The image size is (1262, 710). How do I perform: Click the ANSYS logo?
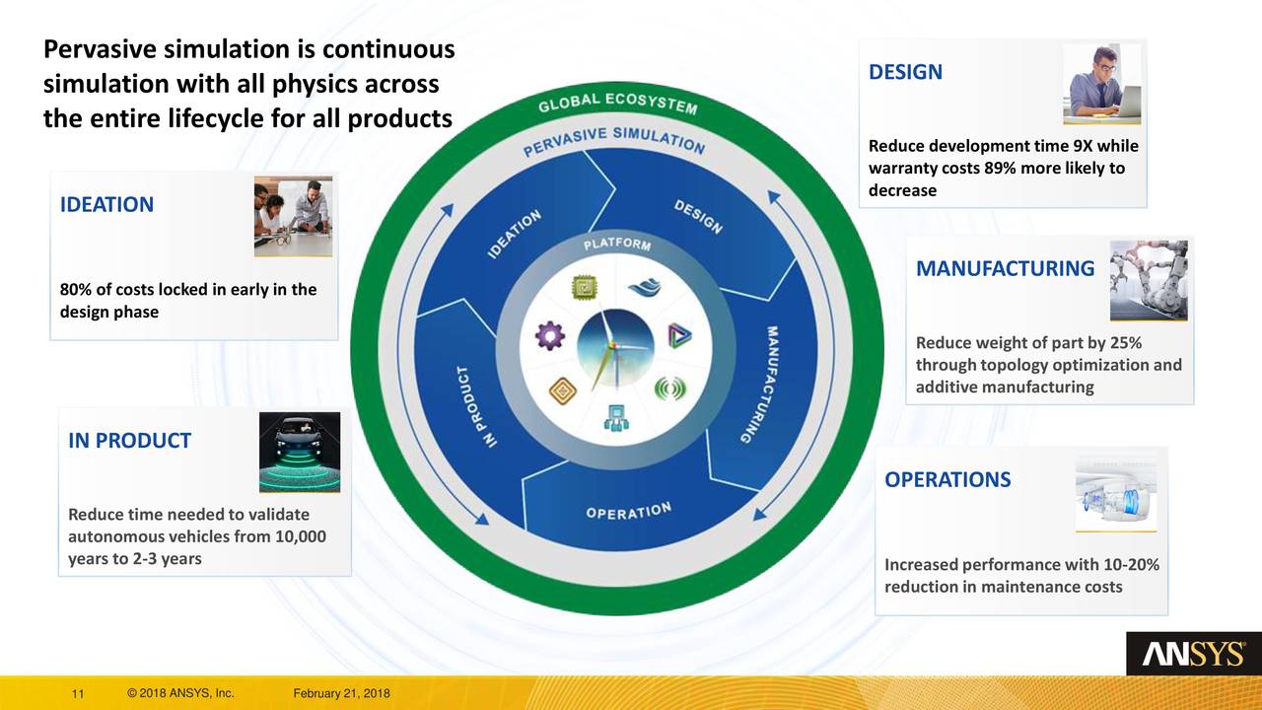pos(1193,654)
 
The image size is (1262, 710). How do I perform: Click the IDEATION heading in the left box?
pos(106,205)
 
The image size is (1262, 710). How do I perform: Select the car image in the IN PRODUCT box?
pos(299,453)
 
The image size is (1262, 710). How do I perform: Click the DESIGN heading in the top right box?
pos(905,72)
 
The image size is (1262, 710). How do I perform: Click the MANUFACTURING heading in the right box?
pos(1005,268)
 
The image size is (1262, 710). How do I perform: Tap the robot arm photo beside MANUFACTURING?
pos(1149,280)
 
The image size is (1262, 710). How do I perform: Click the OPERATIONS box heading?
pos(946,480)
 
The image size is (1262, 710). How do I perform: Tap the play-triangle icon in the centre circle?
pos(679,335)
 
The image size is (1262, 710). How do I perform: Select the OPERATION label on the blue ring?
pos(628,511)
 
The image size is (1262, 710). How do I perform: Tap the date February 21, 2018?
pos(341,694)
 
